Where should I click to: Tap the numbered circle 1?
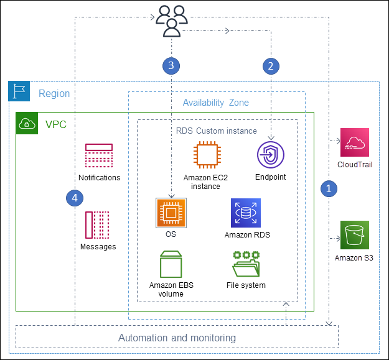[330, 187]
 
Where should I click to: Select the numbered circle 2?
[270, 65]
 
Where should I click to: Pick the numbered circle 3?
[171, 65]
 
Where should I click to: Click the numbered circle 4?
[75, 198]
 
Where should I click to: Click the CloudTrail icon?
[354, 143]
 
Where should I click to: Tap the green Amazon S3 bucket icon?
[354, 235]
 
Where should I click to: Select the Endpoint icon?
[270, 155]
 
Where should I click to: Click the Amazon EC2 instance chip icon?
[206, 155]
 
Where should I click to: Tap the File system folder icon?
[246, 264]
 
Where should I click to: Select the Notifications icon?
[99, 156]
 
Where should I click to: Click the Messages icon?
[98, 225]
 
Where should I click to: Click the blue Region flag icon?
[19, 91]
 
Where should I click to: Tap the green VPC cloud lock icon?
[26, 123]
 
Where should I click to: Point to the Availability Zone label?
[216, 102]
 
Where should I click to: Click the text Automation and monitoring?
[177, 338]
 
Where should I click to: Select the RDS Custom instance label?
[216, 131]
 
